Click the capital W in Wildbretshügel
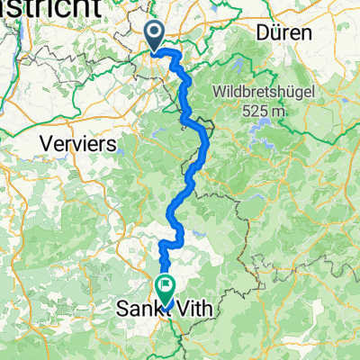220,92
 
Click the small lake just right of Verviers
127,144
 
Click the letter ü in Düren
274,33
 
